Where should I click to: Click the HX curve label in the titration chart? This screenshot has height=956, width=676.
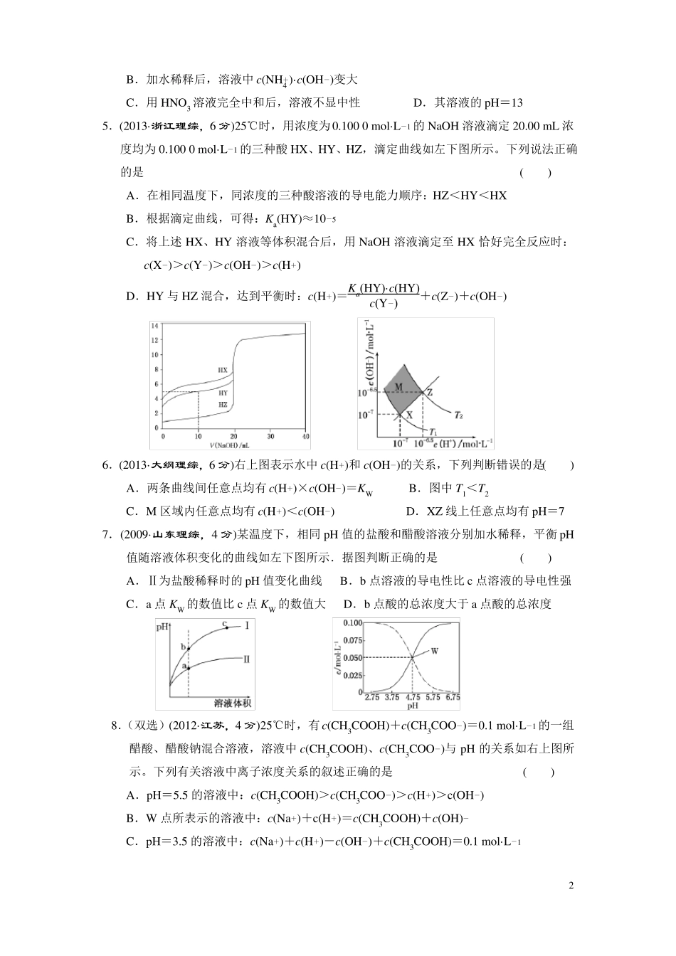223,370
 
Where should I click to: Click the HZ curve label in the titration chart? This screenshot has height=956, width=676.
223,404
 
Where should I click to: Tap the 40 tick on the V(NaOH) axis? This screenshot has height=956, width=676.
305,435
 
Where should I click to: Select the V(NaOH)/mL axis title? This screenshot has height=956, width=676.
229,445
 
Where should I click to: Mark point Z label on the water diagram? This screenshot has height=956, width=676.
430,392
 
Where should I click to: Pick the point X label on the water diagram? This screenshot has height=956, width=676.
410,413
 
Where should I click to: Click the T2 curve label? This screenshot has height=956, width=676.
458,414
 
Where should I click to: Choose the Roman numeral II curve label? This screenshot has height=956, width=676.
246,659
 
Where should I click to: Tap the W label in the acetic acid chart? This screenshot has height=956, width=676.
435,651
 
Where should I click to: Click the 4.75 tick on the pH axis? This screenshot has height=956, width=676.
412,698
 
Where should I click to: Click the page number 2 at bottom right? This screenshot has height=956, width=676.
571,886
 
